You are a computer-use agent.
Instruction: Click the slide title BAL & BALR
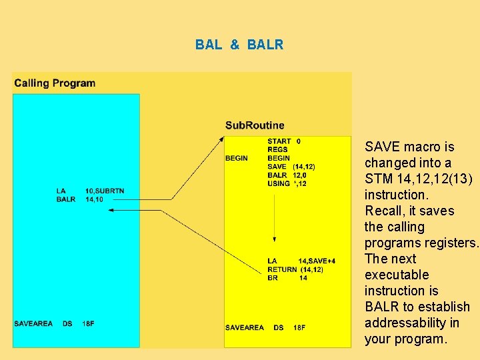tap(239, 45)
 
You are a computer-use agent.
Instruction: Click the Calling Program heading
tap(55, 83)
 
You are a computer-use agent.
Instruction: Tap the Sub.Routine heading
tap(255, 125)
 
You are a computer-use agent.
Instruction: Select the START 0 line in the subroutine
tap(284, 141)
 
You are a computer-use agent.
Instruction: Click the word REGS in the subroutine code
tap(277, 150)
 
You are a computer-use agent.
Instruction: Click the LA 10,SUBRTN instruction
tap(90, 192)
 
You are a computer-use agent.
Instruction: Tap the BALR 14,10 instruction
tap(81, 200)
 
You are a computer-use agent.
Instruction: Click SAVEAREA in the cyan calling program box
tap(33, 324)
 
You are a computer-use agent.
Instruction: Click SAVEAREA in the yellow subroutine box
tap(245, 327)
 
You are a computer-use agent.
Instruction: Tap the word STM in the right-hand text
tap(378, 179)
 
